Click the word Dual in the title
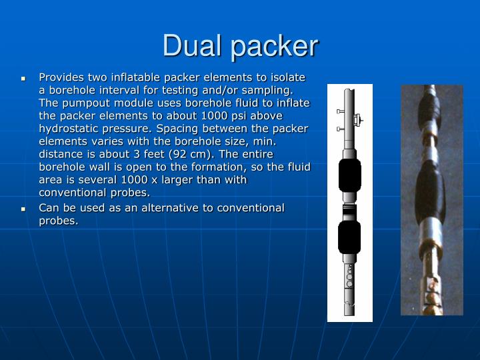[193, 45]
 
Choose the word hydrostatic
[74, 128]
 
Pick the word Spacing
[183, 128]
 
